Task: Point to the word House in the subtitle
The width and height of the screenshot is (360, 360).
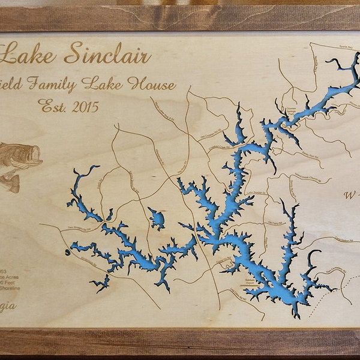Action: tap(152, 83)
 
